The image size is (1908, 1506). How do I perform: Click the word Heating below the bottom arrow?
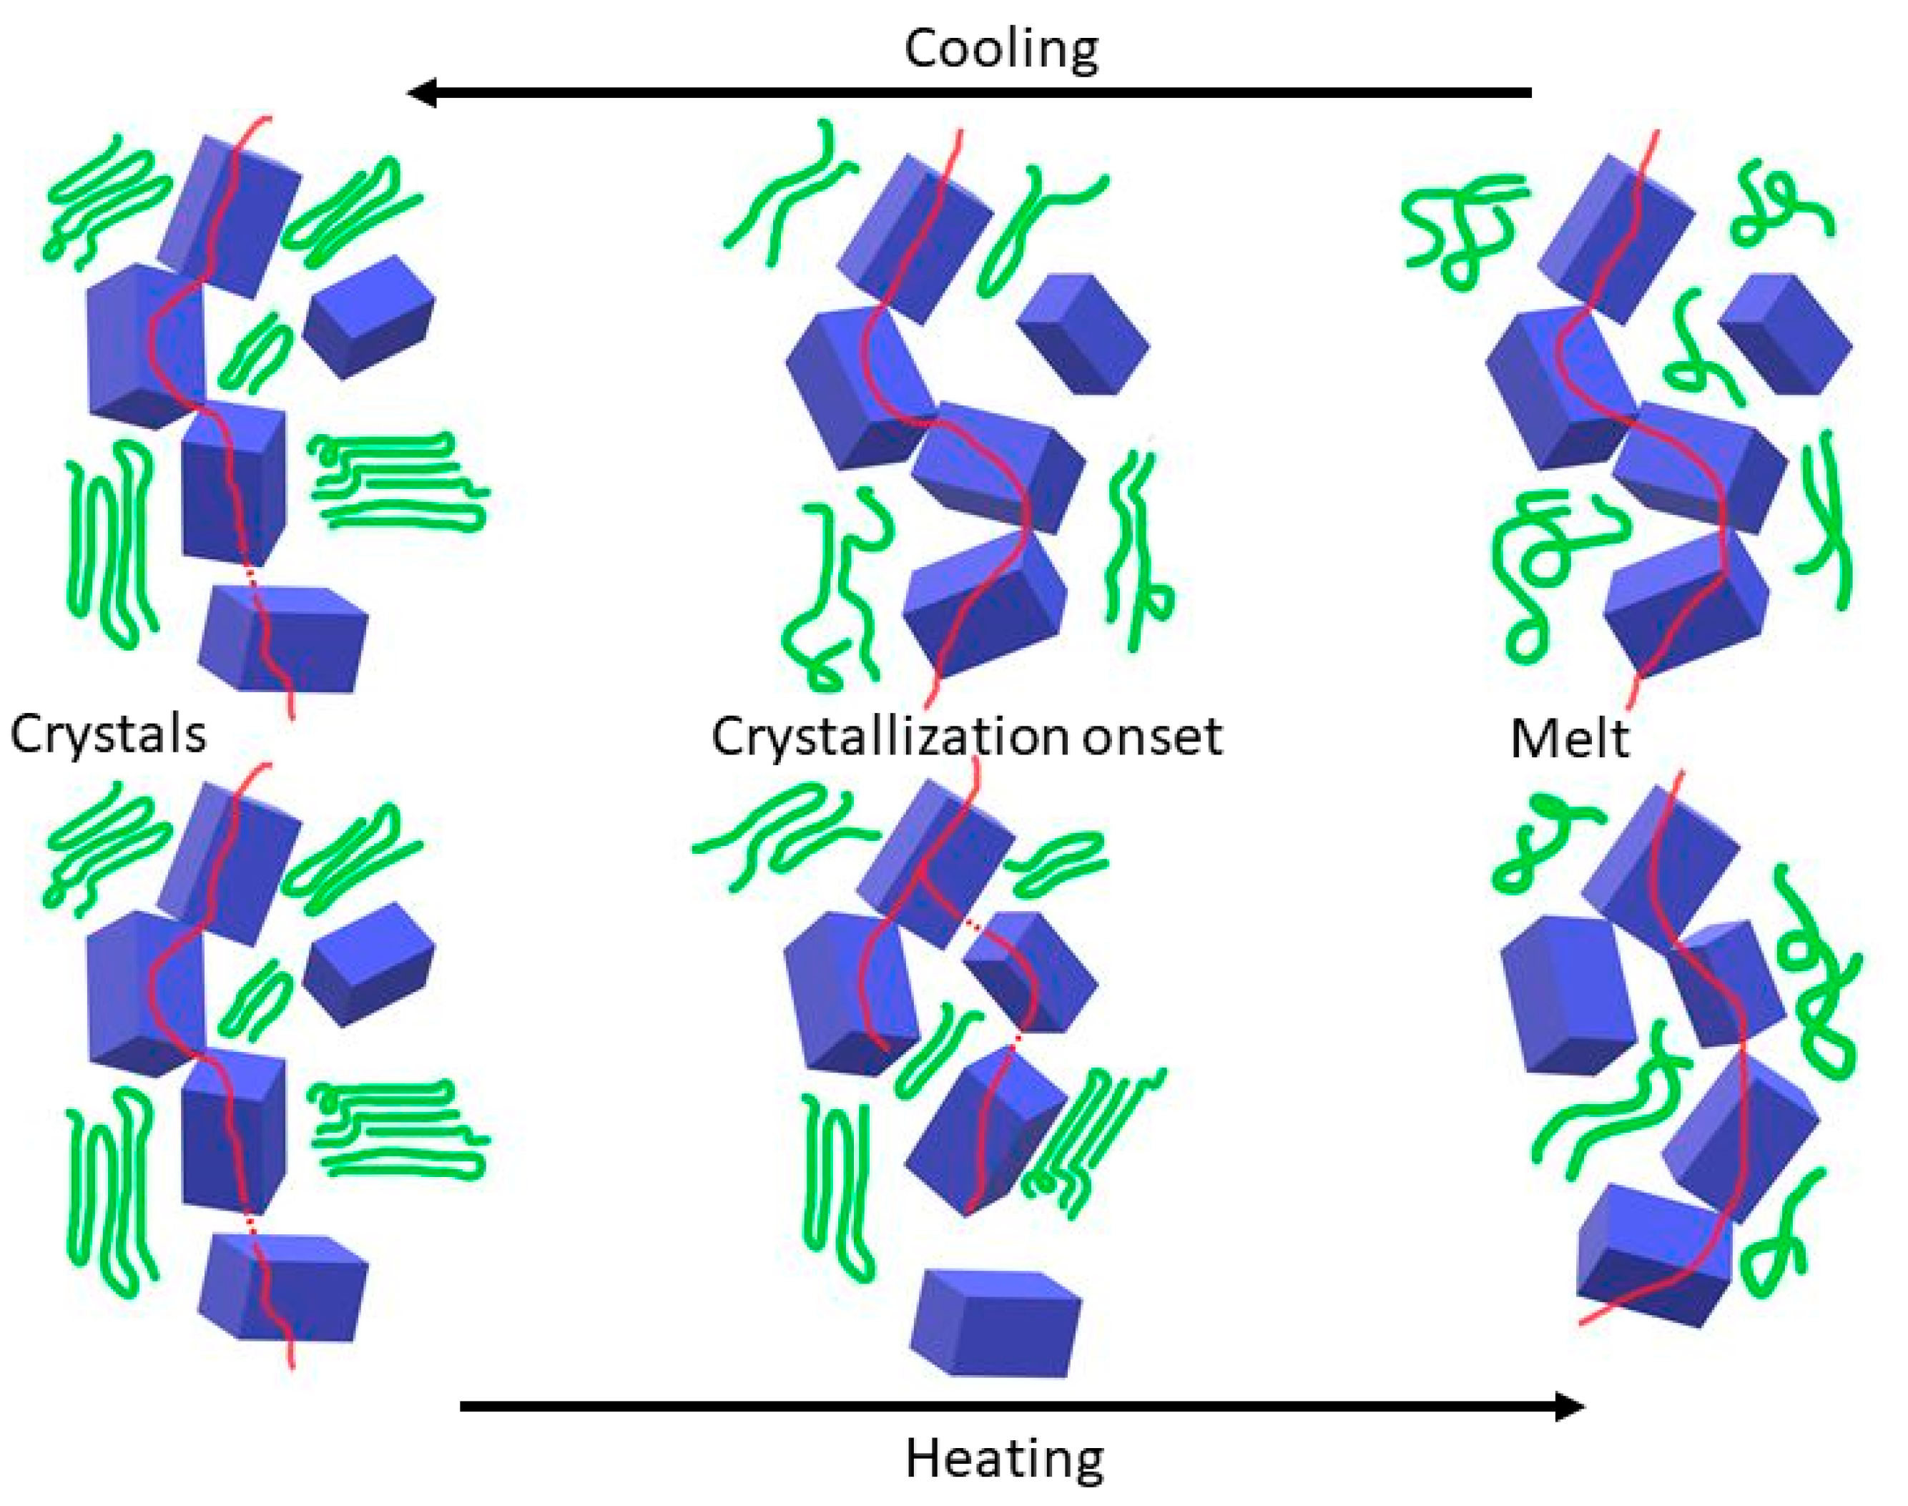pos(1004,1460)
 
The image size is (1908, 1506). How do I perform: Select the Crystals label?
pos(107,734)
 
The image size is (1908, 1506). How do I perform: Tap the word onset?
pos(1152,737)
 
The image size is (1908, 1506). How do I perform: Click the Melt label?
pos(1568,738)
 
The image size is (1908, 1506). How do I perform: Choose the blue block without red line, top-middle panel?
pos(1083,333)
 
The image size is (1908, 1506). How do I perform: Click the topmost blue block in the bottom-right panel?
pos(1658,869)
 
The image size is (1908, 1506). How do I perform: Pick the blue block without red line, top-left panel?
pos(368,315)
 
